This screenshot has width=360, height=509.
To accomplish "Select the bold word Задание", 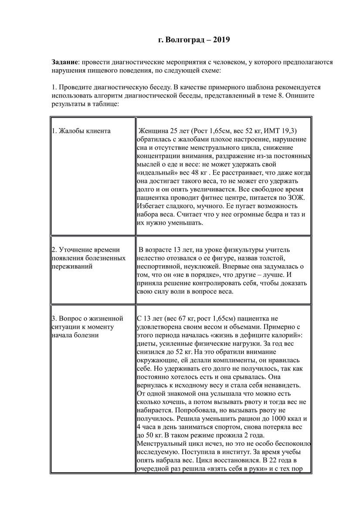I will (65, 62).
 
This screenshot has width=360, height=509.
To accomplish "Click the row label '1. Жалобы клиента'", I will (81, 131).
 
